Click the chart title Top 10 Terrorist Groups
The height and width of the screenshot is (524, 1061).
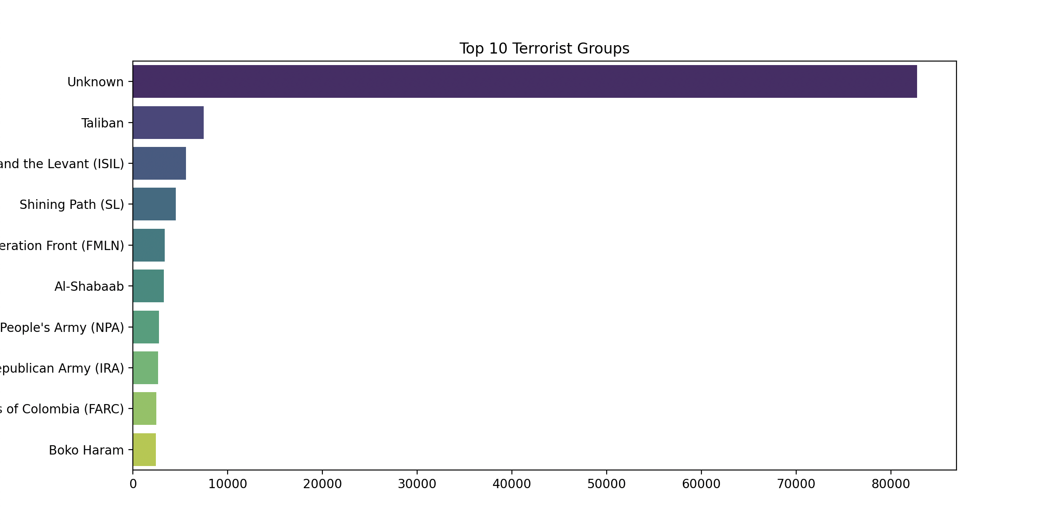[x=544, y=49]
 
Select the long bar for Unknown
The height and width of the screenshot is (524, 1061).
[x=525, y=81]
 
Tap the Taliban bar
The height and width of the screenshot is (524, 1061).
[x=168, y=123]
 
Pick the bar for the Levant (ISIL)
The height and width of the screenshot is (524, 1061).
[x=159, y=163]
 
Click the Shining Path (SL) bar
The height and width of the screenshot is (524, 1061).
[x=154, y=204]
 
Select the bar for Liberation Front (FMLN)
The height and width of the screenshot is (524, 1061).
[x=149, y=245]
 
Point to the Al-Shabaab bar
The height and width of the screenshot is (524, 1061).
[x=148, y=286]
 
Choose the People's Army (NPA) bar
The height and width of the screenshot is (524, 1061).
[x=146, y=327]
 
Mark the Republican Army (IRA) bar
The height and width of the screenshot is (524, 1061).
[x=145, y=368]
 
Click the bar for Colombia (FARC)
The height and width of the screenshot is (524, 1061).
[x=144, y=408]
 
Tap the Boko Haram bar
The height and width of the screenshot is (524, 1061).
[x=144, y=450]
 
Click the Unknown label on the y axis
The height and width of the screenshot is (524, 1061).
[x=95, y=82]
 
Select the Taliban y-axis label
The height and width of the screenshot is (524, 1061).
[x=102, y=123]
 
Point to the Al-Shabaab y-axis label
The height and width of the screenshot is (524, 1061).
[x=89, y=287]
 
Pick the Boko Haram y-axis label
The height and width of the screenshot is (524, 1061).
[x=86, y=451]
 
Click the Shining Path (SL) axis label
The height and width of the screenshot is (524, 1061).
[x=72, y=205]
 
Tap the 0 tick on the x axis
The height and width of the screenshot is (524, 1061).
[x=133, y=484]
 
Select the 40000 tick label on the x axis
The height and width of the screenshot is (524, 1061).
[x=512, y=484]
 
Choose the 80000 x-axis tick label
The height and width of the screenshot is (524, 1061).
[x=891, y=484]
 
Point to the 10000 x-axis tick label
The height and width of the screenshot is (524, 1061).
[x=228, y=484]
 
